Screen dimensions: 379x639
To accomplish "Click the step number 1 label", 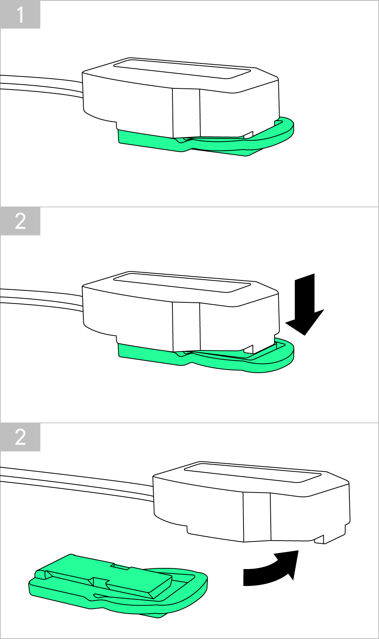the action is (x=20, y=15).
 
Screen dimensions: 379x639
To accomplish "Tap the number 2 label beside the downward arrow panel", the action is (x=20, y=221).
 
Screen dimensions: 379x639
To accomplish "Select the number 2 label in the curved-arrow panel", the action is (x=20, y=437).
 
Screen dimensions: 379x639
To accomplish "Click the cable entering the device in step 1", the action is (x=41, y=86).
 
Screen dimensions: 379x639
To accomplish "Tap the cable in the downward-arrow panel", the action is (x=41, y=299).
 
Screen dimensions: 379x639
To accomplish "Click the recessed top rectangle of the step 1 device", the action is (x=182, y=68).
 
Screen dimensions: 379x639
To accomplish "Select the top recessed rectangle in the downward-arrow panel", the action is (x=182, y=282).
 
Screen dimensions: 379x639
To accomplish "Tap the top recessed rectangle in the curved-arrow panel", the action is (x=253, y=472).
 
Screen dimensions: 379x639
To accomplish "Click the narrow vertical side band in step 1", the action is (x=186, y=113).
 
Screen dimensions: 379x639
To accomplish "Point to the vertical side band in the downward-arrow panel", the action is (x=186, y=327).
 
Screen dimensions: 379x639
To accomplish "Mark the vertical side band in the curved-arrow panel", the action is (x=257, y=517).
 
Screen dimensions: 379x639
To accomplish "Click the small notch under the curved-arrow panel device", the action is (x=319, y=539).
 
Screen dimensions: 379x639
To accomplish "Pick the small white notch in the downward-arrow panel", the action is (x=249, y=349).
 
